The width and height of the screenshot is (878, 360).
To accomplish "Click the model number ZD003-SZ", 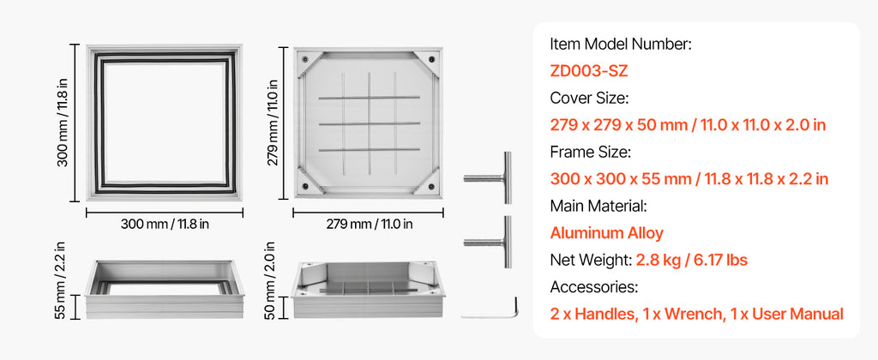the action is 588,70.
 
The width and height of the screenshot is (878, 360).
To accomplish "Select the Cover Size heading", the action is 590,98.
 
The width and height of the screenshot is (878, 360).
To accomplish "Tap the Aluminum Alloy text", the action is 606,232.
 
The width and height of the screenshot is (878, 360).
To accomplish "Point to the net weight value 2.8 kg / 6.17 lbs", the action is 692,260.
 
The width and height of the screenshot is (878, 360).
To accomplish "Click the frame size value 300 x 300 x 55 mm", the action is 621,178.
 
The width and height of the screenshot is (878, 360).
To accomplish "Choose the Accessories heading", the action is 594,286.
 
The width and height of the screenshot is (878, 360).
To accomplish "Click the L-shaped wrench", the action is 490,309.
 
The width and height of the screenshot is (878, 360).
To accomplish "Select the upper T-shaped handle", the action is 488,177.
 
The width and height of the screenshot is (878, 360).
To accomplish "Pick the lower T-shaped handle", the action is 488,242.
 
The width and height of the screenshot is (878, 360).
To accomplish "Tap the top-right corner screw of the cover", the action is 432,59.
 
